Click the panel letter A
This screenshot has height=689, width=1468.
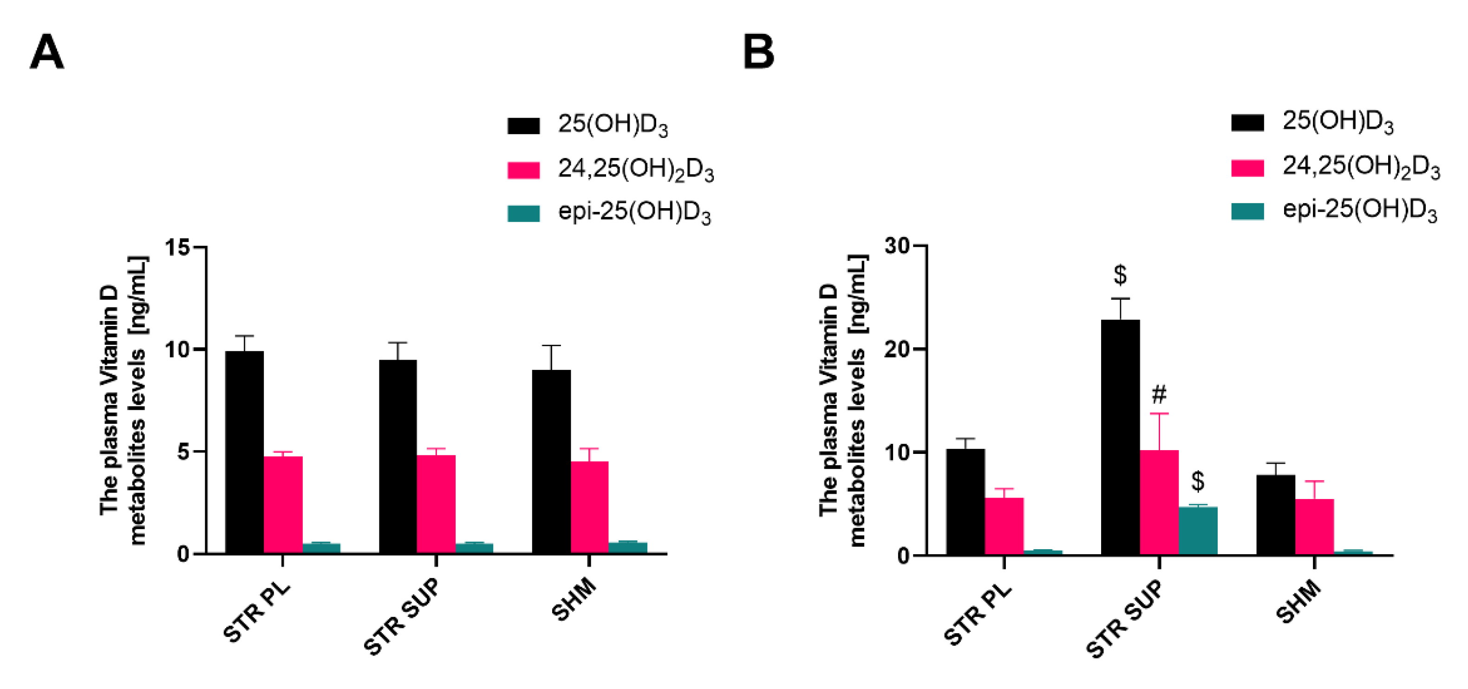point(47,52)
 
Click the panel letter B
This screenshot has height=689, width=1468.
point(758,52)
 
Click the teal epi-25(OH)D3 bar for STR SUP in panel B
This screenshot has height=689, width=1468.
point(1197,531)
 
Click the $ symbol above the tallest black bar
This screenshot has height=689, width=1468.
point(1120,275)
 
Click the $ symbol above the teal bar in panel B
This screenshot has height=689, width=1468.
point(1198,481)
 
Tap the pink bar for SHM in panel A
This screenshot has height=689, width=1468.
point(589,507)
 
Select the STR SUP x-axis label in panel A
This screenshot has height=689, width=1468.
point(402,617)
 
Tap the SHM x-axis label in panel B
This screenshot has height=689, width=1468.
point(1298,602)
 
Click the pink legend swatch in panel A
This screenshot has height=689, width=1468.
point(523,170)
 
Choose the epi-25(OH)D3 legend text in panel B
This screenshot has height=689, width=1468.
point(1359,211)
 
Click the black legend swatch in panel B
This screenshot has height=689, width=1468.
point(1247,123)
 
